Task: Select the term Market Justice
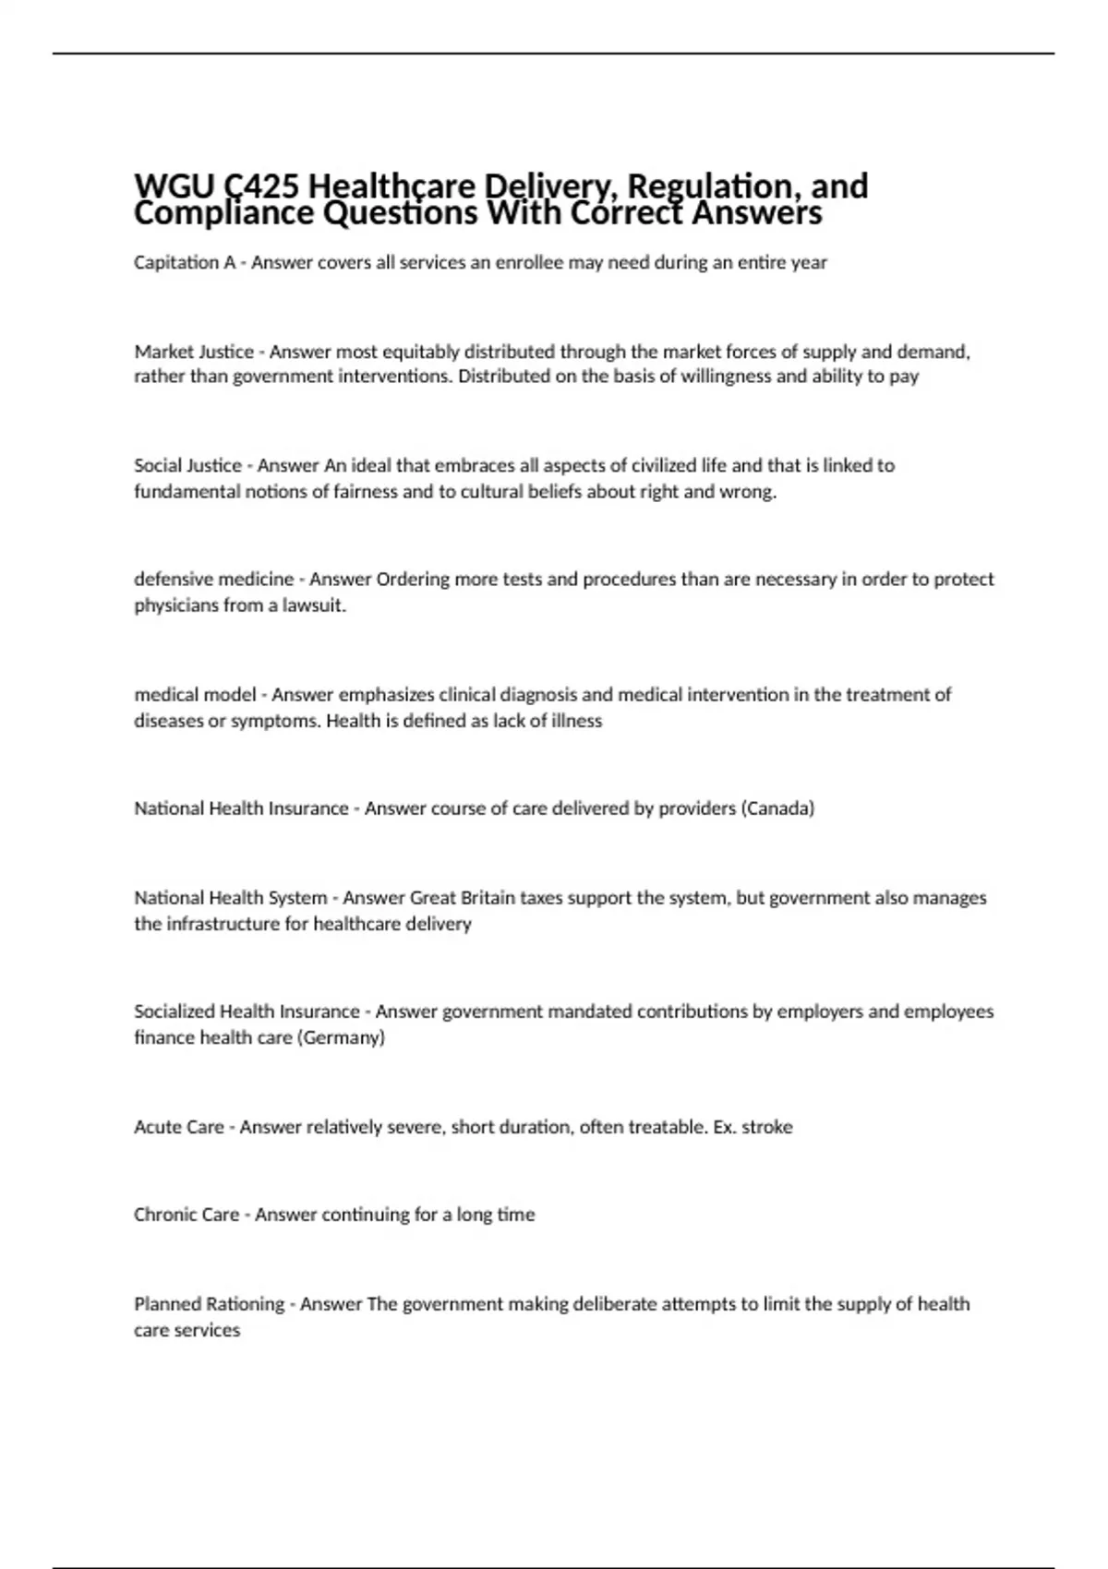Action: (x=194, y=352)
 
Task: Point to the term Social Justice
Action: (x=187, y=465)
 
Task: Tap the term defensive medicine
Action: (x=213, y=580)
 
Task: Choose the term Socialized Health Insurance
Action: (x=247, y=1012)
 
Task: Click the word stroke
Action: (x=767, y=1127)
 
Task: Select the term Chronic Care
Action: (x=187, y=1215)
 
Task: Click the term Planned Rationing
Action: (x=209, y=1304)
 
